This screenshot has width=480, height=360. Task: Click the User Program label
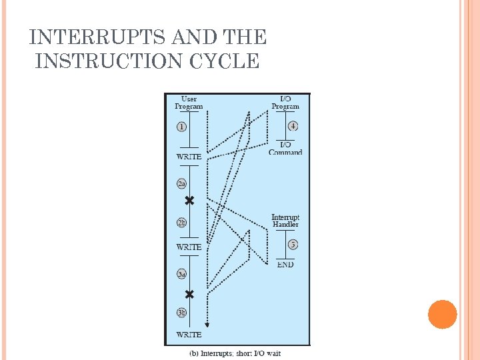click(x=189, y=103)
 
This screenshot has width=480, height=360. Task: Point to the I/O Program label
click(x=285, y=103)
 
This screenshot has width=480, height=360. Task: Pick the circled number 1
click(x=182, y=127)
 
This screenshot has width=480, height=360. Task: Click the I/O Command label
click(x=285, y=149)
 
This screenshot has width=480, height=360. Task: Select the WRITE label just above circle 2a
click(x=189, y=157)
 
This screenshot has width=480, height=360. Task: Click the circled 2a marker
click(x=182, y=183)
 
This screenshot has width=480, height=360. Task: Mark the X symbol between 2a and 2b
click(x=189, y=200)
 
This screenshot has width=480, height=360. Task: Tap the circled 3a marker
click(x=182, y=274)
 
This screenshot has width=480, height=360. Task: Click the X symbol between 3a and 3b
click(x=189, y=294)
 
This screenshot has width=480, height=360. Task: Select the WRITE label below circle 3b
click(x=189, y=334)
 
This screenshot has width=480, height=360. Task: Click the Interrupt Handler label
click(x=285, y=221)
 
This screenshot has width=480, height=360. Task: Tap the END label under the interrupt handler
click(x=285, y=265)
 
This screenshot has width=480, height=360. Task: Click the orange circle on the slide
click(x=442, y=314)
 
